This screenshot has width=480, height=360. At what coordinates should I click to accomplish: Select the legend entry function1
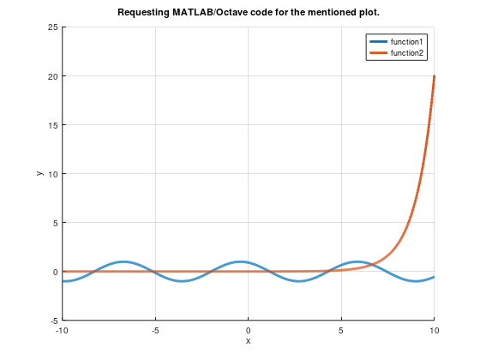408,41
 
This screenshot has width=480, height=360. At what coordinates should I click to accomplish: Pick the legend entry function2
408,53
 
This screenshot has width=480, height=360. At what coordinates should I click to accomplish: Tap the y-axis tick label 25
53,27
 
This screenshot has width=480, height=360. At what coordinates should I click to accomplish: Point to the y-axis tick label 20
53,76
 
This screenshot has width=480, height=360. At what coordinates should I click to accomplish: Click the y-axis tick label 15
53,125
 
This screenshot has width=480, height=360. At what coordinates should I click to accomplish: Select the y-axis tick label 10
53,174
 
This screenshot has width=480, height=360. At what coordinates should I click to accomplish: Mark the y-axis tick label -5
54,321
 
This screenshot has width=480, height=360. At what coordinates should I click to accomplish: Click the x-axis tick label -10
62,330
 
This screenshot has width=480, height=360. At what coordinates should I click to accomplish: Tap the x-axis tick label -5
155,330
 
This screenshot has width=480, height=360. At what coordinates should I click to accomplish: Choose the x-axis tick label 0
249,330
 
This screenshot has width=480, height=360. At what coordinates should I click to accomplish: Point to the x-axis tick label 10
435,330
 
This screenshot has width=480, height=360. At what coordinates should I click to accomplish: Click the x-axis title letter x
249,340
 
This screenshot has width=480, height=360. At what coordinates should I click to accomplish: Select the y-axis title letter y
39,174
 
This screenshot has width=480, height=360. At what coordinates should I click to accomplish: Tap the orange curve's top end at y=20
435,76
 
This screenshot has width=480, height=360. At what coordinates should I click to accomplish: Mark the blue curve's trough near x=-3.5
183,281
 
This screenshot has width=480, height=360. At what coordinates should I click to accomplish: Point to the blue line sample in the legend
377,41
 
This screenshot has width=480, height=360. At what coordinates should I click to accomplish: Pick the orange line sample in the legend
377,53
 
